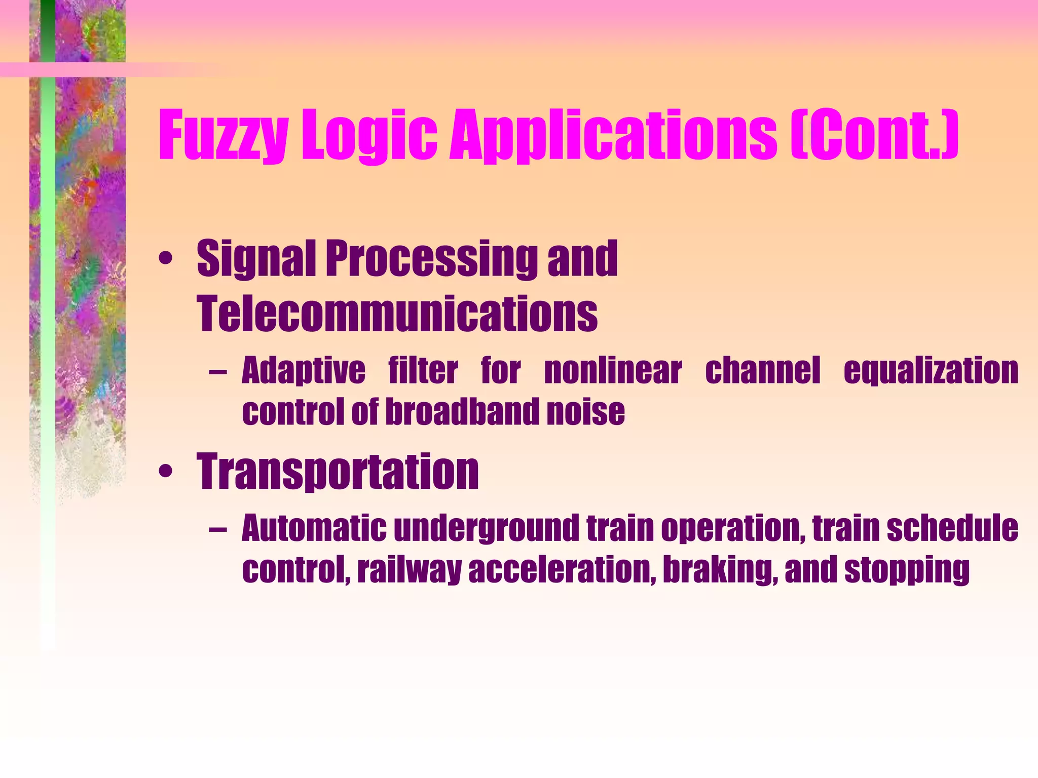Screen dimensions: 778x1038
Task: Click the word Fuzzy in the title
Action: [x=223, y=136]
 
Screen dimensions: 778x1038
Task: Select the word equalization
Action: [x=931, y=371]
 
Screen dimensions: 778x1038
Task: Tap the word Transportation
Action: [x=338, y=473]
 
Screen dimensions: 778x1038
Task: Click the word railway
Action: [x=409, y=570]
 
